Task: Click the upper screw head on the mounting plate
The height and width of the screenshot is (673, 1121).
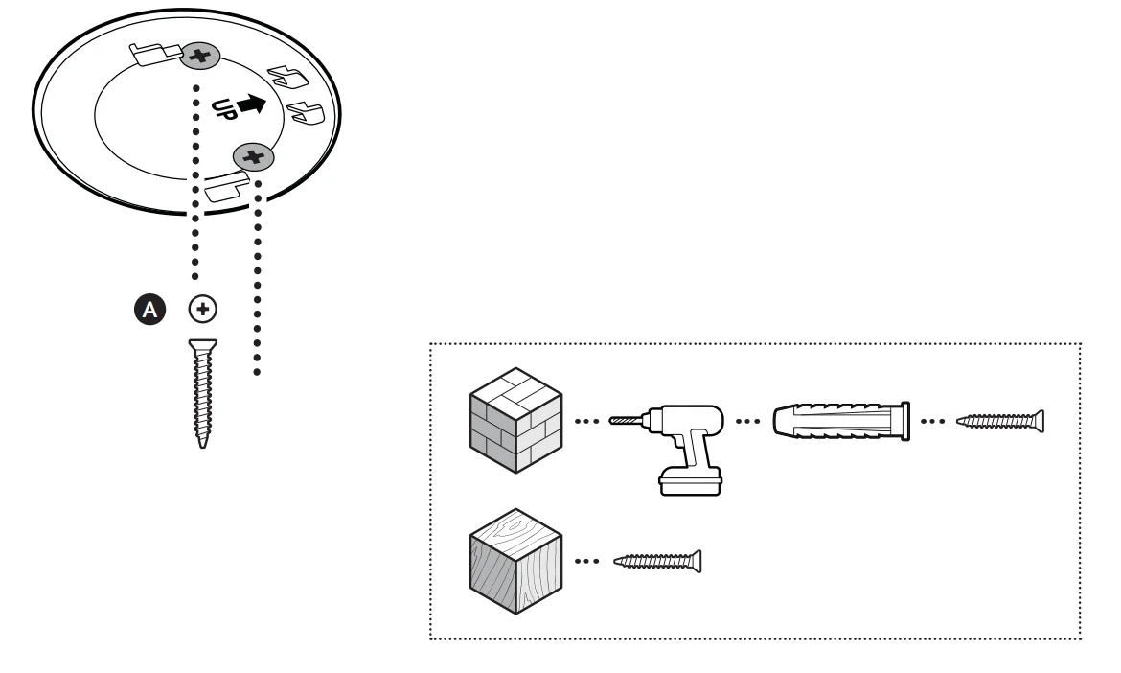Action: (x=200, y=57)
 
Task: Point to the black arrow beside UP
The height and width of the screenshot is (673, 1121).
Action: (x=250, y=104)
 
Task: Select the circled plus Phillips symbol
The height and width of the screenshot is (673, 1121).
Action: (x=202, y=309)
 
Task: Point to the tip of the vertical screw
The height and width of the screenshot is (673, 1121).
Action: (x=202, y=442)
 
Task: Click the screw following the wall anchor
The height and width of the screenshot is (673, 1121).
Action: (x=1001, y=421)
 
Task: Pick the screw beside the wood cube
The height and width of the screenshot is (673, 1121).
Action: (x=657, y=559)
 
